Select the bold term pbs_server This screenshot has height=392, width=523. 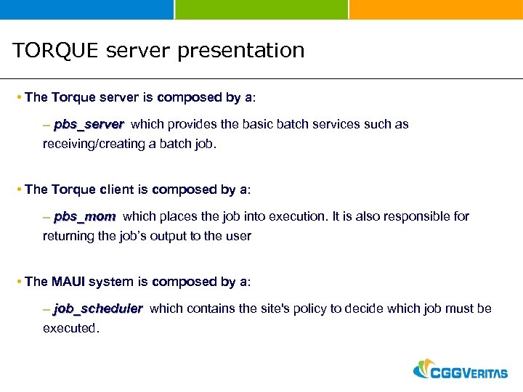pyautogui.click(x=89, y=124)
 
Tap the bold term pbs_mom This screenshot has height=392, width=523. pyautogui.click(x=84, y=216)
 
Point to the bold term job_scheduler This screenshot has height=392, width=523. pyautogui.click(x=98, y=309)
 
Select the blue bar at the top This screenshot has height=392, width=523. pyautogui.click(x=86, y=9)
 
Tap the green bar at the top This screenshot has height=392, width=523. pyautogui.click(x=261, y=9)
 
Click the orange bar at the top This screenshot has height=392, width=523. pyautogui.click(x=436, y=9)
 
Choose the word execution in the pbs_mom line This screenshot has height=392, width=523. pyautogui.click(x=299, y=216)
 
